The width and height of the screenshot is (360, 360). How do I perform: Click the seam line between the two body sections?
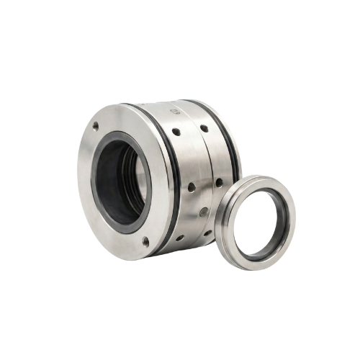point(199,173)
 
